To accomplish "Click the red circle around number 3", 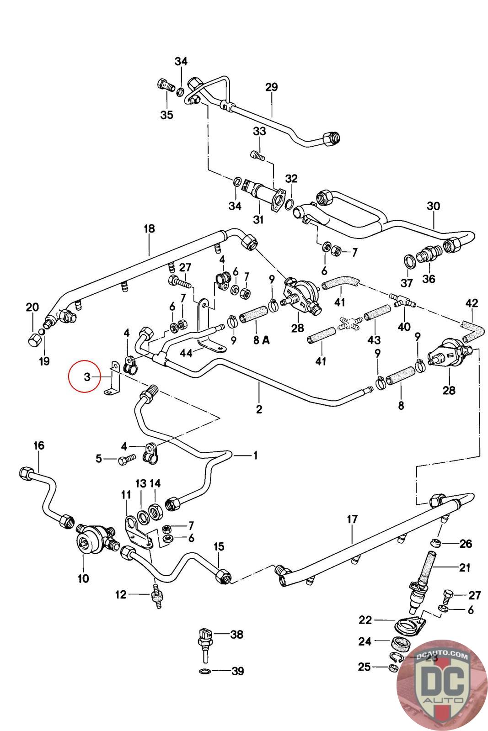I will pyautogui.click(x=84, y=376).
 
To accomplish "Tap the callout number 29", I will pyautogui.click(x=271, y=87).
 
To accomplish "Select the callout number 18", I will pyautogui.click(x=149, y=228).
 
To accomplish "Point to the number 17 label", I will pyautogui.click(x=352, y=519).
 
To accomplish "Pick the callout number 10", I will pyautogui.click(x=83, y=578).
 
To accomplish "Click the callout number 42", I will pyautogui.click(x=472, y=303).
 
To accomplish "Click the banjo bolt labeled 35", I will pyautogui.click(x=165, y=85).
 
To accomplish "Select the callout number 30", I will pyautogui.click(x=433, y=206).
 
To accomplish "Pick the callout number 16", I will pyautogui.click(x=39, y=445).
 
